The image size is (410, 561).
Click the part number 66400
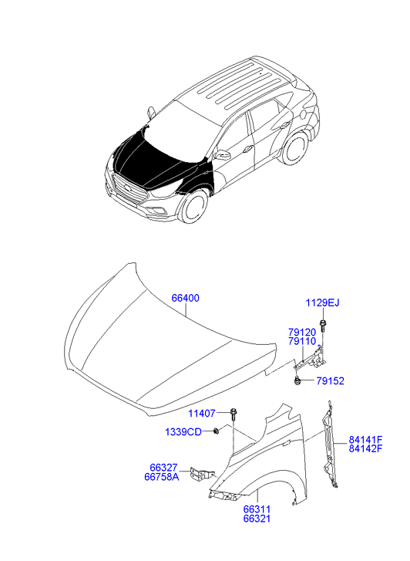pos(186,298)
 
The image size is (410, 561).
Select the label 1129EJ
pos(322,303)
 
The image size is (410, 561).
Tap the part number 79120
pos(302,333)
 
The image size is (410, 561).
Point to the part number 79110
pos(302,342)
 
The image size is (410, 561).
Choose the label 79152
pos(331,381)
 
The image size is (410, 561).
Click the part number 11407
pos(202,414)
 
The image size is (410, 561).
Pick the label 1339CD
pos(183,432)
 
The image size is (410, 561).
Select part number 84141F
pos(365,440)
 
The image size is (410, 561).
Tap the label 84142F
pos(365,448)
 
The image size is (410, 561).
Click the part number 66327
pos(163,468)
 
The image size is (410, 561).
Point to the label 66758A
pos(162,477)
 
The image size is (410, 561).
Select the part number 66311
pos(257,509)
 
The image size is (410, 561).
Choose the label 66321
pos(257,519)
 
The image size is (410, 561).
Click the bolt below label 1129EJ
pos(323,325)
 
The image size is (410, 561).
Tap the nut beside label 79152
pos(297,381)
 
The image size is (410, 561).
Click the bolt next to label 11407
pos(234,414)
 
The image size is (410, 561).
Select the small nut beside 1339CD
pos(216,431)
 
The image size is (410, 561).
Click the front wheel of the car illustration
pos(194,207)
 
